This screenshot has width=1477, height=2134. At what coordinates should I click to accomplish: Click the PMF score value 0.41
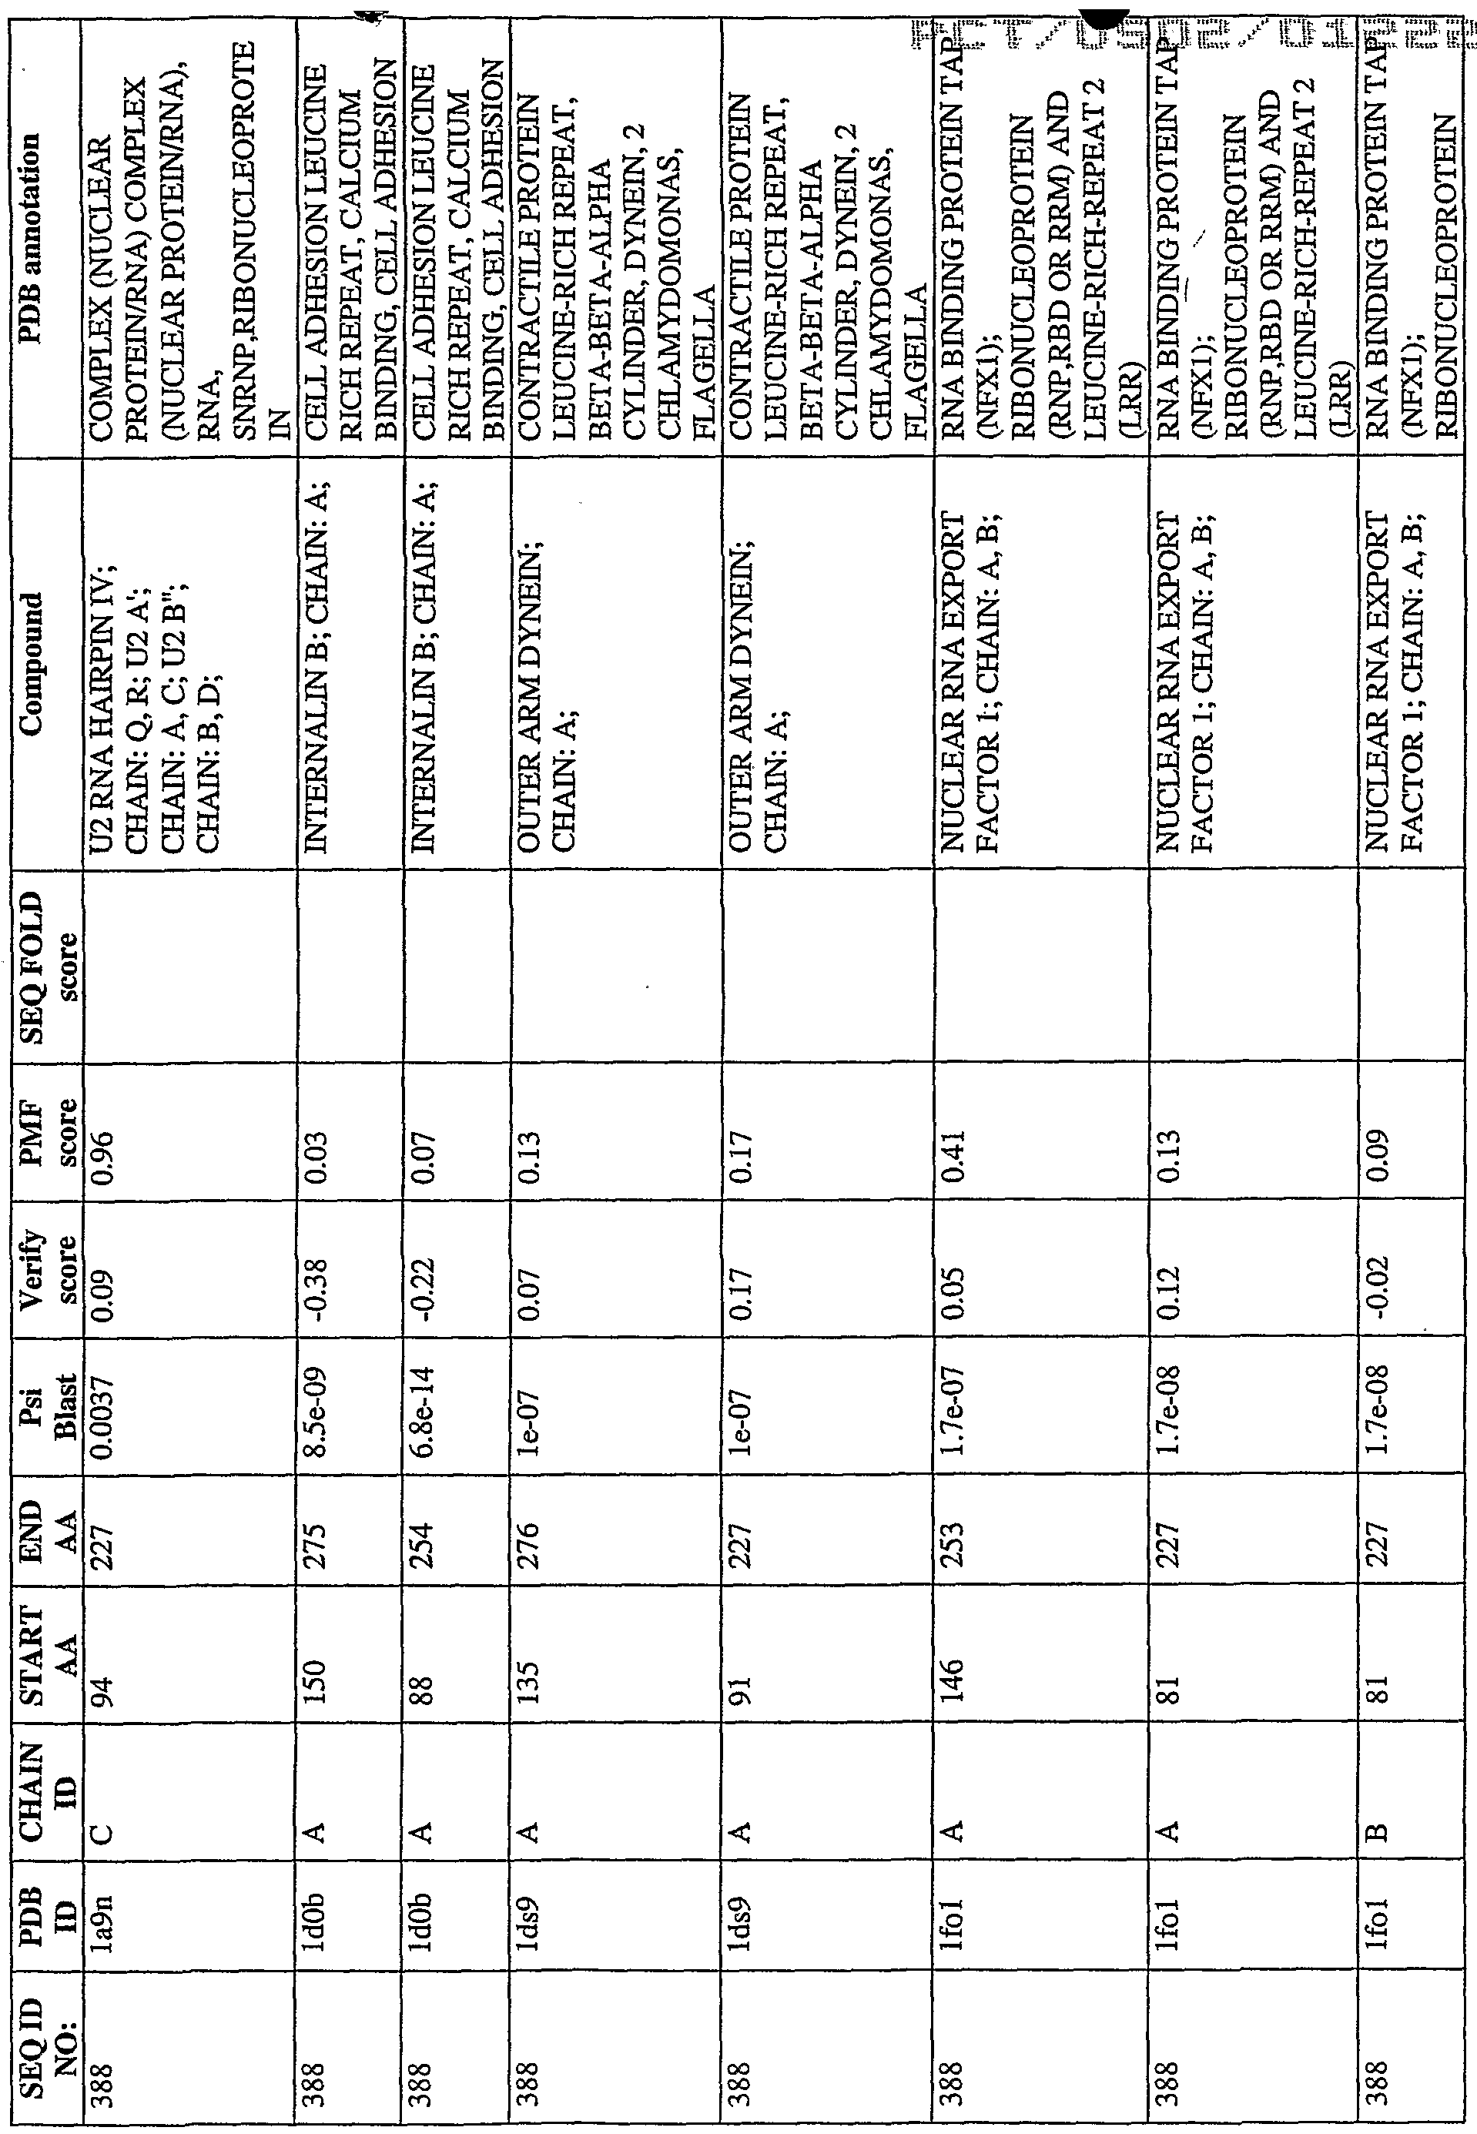point(953,1152)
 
